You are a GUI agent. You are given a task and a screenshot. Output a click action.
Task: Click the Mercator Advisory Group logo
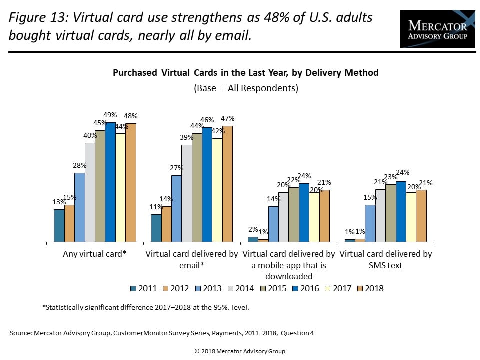point(437,29)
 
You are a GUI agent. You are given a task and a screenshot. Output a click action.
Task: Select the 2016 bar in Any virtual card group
point(110,182)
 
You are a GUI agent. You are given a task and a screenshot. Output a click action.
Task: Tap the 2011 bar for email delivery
point(156,228)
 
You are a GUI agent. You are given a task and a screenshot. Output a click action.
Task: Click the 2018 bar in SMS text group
point(421,216)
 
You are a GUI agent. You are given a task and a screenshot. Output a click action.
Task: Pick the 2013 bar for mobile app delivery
point(273,224)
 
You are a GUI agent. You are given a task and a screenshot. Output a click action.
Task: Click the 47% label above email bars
point(227,119)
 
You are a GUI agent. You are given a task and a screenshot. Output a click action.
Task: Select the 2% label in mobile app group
point(253,230)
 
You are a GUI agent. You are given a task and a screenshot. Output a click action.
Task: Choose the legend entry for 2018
point(370,288)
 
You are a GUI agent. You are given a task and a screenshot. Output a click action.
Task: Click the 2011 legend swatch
point(133,289)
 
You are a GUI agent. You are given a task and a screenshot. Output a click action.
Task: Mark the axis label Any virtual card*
point(95,254)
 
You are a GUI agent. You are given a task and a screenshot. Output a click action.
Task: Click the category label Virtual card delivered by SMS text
point(385,259)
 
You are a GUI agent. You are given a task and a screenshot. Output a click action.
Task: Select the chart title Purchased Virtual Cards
point(245,73)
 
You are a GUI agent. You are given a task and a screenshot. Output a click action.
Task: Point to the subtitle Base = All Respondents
point(245,88)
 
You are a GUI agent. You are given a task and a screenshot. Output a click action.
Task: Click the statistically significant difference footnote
point(146,307)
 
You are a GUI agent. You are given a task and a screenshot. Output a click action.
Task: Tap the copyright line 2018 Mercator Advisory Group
point(240,351)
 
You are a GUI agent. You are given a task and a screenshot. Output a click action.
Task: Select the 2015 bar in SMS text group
point(390,213)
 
